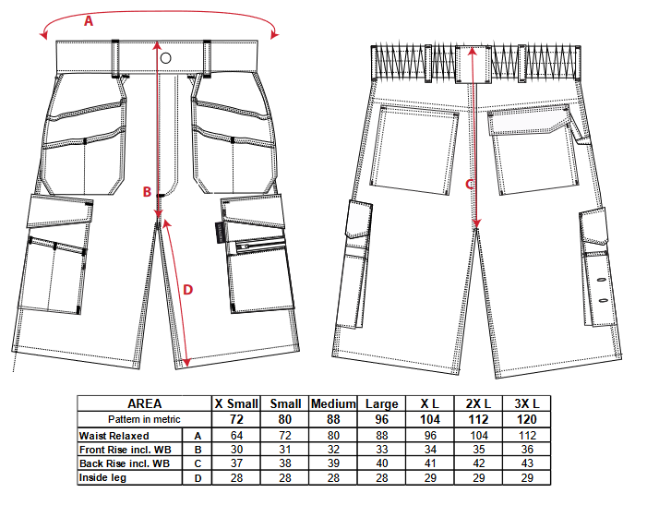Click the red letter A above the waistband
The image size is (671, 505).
[x=89, y=20]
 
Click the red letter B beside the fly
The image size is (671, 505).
[x=147, y=192]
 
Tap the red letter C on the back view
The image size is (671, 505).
[x=469, y=185]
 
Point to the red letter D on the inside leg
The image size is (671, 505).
[x=188, y=290]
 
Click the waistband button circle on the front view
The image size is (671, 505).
[x=166, y=58]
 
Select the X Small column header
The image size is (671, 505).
[x=236, y=403]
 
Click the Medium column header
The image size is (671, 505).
[x=333, y=403]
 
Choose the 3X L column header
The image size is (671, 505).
[x=527, y=403]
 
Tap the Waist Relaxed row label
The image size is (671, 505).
[x=114, y=436]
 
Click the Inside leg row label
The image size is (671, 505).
[x=102, y=477]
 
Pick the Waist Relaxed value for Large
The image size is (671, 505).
[x=382, y=436]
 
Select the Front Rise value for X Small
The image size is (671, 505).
[x=236, y=450]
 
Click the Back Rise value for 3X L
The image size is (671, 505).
[x=527, y=463]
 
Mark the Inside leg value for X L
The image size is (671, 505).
[x=430, y=477]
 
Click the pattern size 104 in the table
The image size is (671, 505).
[x=430, y=419]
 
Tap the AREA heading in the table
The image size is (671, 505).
[x=145, y=403]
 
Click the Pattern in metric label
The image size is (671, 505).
[x=144, y=419]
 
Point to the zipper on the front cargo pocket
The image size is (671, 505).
[x=259, y=246]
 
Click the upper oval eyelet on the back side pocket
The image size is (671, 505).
[x=601, y=280]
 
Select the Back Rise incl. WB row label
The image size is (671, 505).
[x=125, y=463]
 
